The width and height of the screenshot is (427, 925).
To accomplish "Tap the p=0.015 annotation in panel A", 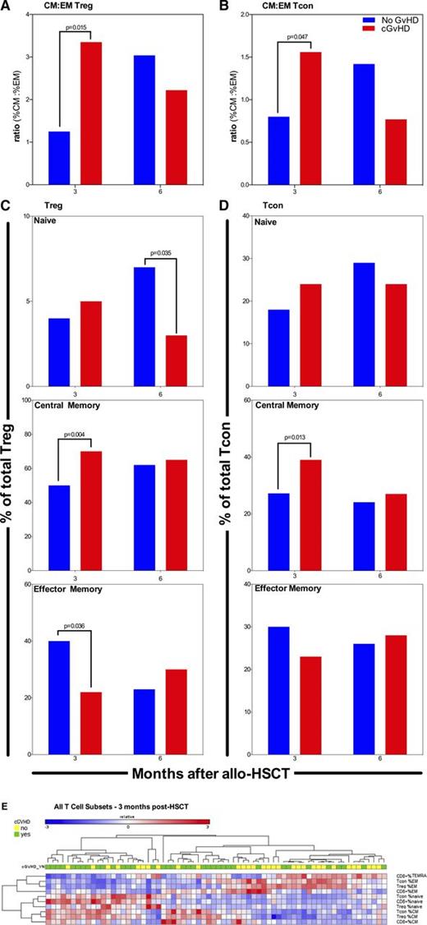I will pyautogui.click(x=79, y=29).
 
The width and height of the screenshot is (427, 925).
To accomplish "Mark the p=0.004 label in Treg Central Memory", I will pyautogui.click(x=79, y=430).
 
